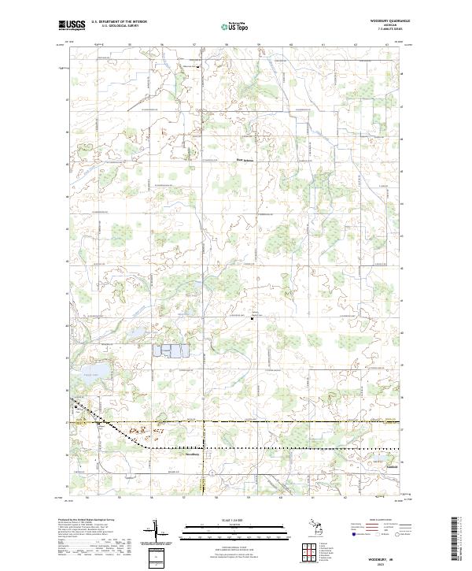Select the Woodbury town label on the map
click(x=193, y=454)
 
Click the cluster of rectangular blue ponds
click(x=175, y=352)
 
